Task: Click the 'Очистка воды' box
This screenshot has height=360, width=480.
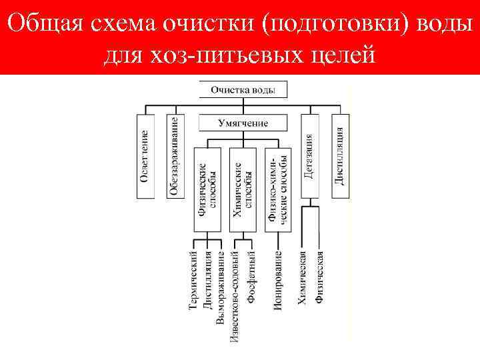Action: click(x=243, y=89)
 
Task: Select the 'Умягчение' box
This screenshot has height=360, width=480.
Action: click(x=243, y=123)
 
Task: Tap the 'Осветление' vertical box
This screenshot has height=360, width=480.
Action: click(x=145, y=157)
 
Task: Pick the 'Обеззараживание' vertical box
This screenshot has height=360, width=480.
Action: click(x=174, y=157)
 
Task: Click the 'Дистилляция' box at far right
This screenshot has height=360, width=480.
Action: click(x=339, y=157)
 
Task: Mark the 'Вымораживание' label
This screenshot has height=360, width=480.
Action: click(x=221, y=287)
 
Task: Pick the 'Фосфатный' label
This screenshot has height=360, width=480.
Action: click(x=251, y=277)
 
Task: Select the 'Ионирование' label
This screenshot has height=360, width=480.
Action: click(x=278, y=280)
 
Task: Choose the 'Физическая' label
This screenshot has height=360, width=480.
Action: click(x=321, y=277)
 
